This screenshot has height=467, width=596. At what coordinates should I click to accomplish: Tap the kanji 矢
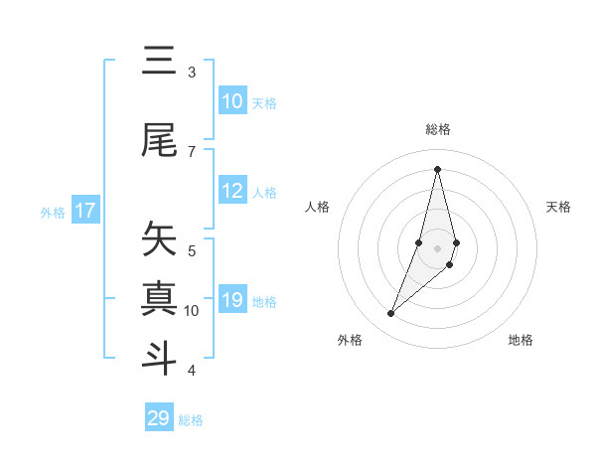159,238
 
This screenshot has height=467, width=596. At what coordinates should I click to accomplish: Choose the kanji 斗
159,357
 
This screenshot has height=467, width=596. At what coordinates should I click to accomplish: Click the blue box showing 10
232,101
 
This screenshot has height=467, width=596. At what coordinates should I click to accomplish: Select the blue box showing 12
232,191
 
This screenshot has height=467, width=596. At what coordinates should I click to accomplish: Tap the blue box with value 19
232,300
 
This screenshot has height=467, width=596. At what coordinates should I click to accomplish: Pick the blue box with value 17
85,211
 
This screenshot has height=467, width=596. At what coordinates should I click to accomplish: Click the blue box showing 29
159,418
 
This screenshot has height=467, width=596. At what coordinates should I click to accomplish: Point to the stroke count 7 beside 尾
192,151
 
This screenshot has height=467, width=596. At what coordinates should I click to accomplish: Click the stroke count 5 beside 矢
192,250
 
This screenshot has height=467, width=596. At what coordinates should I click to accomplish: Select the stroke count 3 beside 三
192,73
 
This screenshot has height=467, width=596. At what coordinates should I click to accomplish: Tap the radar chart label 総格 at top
437,129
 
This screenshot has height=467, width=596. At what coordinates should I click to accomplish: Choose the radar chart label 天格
558,207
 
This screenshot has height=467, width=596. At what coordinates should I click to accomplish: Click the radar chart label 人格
317,207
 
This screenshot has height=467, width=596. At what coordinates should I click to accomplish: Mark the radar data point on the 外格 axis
390,314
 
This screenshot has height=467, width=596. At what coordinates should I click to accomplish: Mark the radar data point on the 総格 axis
437,168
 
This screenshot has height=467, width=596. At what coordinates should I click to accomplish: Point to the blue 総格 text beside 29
192,420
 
